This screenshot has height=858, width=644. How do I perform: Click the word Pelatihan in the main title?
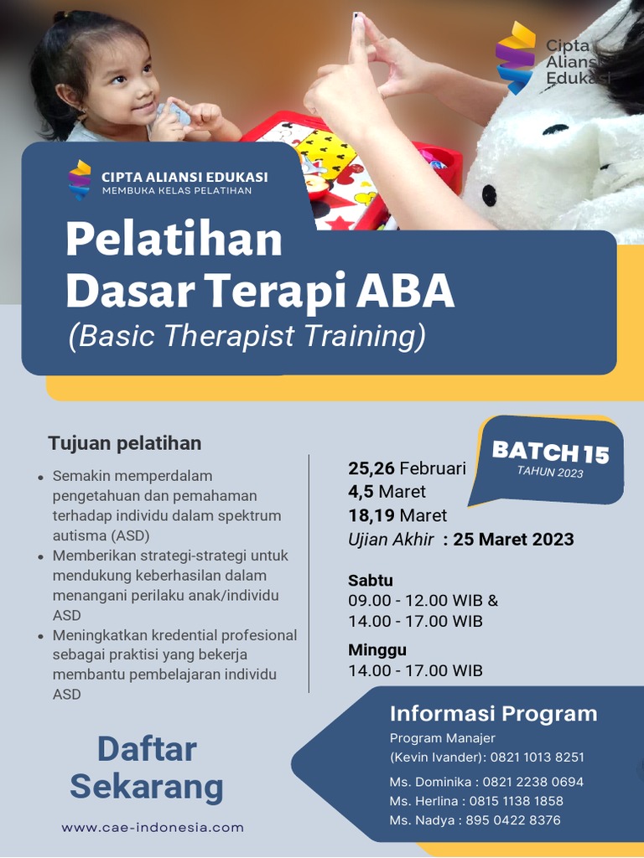tap(174, 240)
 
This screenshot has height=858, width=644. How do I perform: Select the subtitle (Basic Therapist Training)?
tap(247, 336)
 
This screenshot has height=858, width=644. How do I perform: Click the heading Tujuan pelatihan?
tap(124, 442)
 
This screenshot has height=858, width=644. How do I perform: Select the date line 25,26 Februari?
tap(407, 468)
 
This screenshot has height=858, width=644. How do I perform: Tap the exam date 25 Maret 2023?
tap(513, 539)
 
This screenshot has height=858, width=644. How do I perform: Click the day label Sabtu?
tap(371, 580)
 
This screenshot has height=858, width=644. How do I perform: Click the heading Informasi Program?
tap(493, 714)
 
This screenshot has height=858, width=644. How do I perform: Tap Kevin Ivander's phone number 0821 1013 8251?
tap(537, 757)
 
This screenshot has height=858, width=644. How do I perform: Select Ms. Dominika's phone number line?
tap(486, 782)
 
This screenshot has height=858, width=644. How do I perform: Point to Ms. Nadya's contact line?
tap(475, 820)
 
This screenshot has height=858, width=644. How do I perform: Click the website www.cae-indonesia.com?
tap(153, 827)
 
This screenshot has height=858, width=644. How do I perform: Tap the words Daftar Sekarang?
tap(147, 768)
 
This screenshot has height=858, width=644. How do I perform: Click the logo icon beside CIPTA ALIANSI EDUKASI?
tap(80, 179)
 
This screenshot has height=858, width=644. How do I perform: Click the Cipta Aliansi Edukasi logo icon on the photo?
tap(515, 57)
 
